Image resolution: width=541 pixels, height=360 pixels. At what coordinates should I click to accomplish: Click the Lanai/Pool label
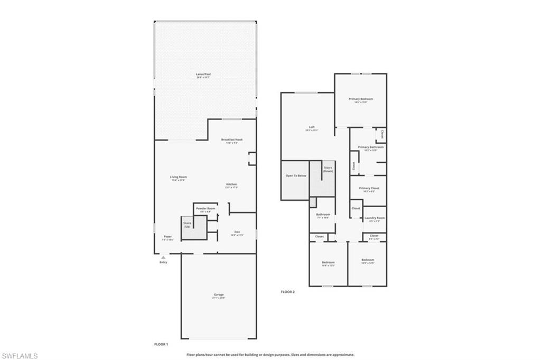tap(203, 75)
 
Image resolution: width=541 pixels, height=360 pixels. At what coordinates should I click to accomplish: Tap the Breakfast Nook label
tap(231, 140)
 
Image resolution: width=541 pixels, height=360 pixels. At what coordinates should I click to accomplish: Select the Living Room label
tap(179, 177)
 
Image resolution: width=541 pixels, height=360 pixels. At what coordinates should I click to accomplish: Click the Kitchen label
tap(231, 184)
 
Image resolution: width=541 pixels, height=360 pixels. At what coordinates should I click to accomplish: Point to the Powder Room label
tap(206, 209)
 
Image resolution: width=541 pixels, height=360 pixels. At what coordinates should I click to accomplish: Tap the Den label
tap(237, 232)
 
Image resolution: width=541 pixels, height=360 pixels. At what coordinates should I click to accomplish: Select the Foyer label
tap(167, 237)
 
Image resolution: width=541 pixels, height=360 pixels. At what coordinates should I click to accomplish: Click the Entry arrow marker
tap(163, 257)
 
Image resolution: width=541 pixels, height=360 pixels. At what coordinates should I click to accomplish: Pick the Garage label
tap(219, 295)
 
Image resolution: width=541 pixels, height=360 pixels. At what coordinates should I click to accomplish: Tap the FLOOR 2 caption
tap(287, 292)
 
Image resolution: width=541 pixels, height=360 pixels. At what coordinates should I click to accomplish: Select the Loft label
tap(312, 127)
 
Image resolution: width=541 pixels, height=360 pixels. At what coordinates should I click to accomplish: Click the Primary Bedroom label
tap(361, 99)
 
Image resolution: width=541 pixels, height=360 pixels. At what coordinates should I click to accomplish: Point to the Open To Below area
tap(296, 176)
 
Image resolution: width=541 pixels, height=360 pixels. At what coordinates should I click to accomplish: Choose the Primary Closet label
tap(369, 188)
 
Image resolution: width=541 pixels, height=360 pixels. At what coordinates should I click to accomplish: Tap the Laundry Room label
tap(374, 218)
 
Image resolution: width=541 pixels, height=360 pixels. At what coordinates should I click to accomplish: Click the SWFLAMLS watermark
tap(20, 356)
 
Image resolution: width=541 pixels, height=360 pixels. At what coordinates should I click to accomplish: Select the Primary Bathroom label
tap(370, 147)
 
